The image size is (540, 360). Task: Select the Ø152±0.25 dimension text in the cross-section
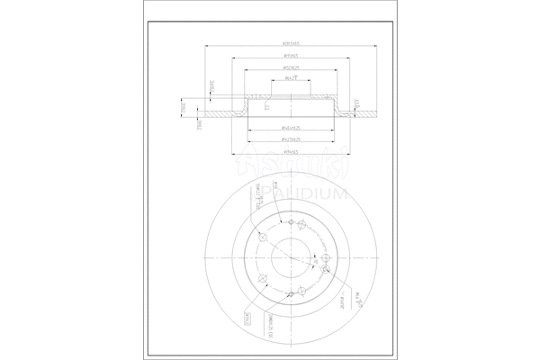[290, 67]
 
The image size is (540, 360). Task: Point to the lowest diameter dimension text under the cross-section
[290, 153]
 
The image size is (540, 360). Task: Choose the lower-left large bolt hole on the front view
[261, 277]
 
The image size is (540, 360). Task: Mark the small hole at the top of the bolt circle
[292, 220]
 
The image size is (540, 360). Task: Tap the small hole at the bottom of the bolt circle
[290, 292]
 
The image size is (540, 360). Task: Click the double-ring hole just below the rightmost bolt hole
[323, 269]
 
